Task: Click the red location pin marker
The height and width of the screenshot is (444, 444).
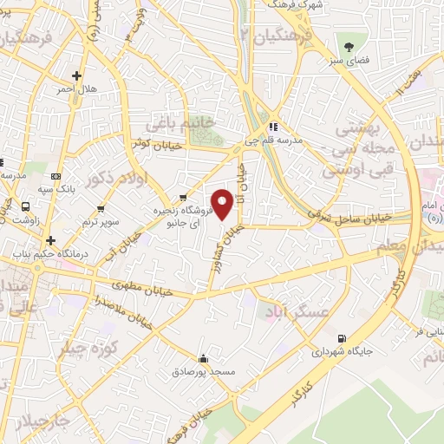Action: pos(223,204)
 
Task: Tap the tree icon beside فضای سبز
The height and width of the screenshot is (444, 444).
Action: pos(349,47)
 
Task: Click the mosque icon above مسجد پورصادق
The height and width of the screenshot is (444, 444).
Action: pos(203,357)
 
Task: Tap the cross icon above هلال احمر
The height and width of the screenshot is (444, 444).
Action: pos(77,75)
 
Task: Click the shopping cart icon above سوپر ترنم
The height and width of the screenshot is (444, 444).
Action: pos(102,208)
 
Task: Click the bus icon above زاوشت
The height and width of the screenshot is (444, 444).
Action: pos(25,207)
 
